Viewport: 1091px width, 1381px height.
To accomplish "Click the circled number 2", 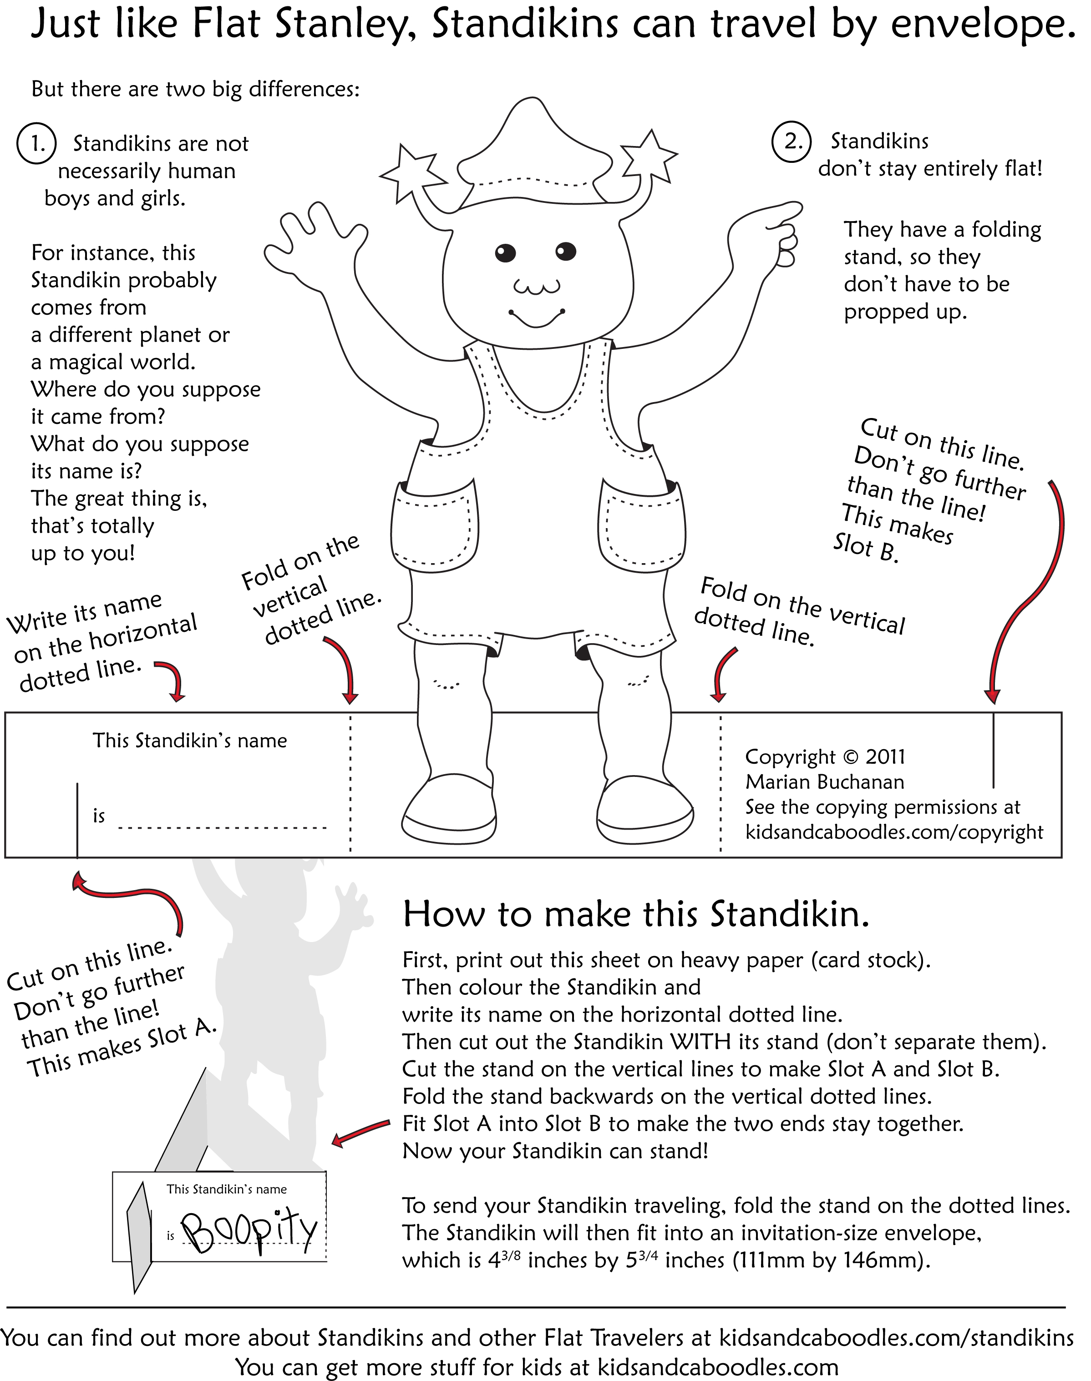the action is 792,142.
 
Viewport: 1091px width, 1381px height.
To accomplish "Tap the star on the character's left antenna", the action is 410,171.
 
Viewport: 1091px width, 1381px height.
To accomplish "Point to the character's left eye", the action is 505,252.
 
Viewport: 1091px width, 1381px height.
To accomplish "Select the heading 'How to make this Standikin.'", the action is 636,915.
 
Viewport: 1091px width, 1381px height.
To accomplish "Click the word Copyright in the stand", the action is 790,758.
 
